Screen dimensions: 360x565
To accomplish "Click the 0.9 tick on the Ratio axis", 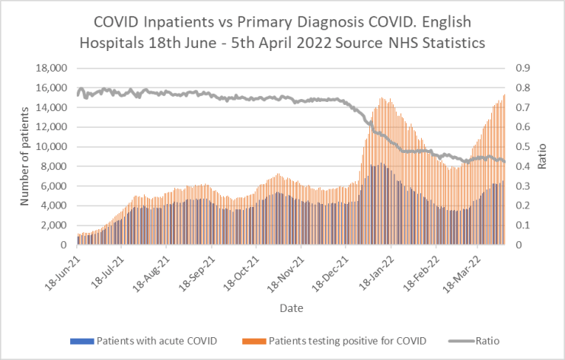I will [x=523, y=68].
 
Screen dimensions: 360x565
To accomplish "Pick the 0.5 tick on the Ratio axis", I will [x=523, y=146].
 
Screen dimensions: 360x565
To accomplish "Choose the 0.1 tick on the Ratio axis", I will [x=523, y=225].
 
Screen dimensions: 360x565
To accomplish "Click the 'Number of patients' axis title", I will [x=26, y=156].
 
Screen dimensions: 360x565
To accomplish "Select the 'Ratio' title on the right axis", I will [x=542, y=156].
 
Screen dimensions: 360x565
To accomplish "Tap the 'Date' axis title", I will [x=291, y=308].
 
